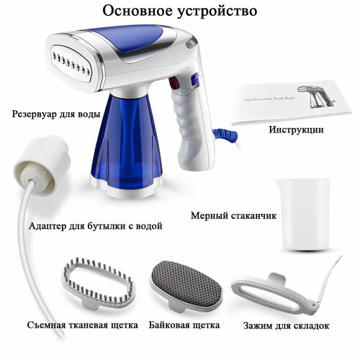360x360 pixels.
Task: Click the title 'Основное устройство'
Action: coord(179,12)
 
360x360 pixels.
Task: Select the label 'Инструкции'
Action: coord(295,130)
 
